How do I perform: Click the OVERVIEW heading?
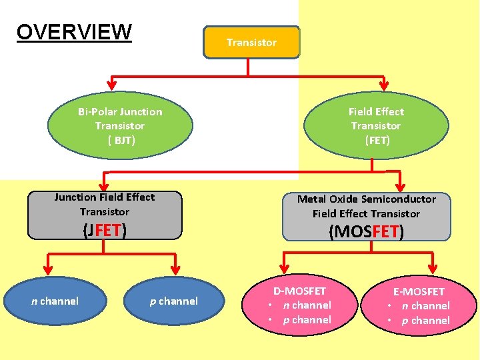point(74,31)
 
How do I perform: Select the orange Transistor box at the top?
point(251,42)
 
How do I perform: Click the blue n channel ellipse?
point(55,301)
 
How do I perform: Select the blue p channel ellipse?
point(173,301)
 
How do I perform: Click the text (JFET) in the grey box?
point(105,231)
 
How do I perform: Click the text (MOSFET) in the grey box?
point(366,232)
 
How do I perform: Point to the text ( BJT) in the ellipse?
point(121,140)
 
